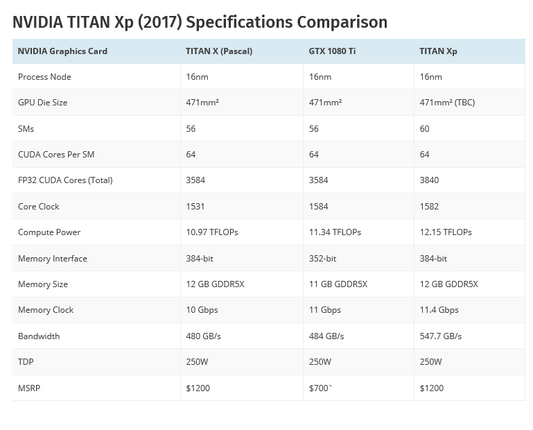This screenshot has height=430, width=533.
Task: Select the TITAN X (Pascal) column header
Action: click(218, 51)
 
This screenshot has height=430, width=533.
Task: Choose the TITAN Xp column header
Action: click(438, 51)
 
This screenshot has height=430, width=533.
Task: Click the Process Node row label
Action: click(44, 77)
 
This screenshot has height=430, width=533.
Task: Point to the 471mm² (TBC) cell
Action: click(447, 103)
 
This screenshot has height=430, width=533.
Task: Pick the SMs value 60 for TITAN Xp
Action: click(425, 128)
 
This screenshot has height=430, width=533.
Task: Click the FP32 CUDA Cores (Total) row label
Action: click(65, 180)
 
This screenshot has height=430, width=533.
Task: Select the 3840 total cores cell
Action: click(430, 180)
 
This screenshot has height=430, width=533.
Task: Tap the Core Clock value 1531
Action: click(196, 207)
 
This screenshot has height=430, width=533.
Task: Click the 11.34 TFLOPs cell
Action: click(335, 232)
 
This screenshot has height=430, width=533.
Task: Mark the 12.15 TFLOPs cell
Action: click(446, 232)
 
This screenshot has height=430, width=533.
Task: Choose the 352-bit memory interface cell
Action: click(322, 259)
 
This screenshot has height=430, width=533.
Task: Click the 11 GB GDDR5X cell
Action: click(338, 284)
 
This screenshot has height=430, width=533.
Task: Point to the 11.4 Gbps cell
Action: click(439, 310)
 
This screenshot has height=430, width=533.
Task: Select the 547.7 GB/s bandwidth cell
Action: click(441, 336)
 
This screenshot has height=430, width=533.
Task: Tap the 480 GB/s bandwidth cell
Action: click(204, 336)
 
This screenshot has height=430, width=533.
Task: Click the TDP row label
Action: click(26, 362)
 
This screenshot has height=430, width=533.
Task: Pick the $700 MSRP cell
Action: click(320, 388)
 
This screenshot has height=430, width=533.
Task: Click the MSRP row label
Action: click(29, 388)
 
